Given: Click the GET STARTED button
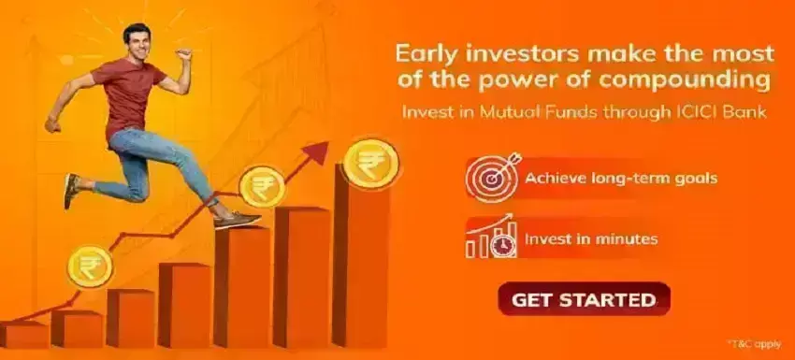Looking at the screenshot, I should point(584,300).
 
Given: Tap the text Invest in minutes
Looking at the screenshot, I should point(591,239).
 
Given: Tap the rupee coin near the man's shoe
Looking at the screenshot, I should point(262,186).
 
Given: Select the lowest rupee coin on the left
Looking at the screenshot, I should point(89,266).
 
